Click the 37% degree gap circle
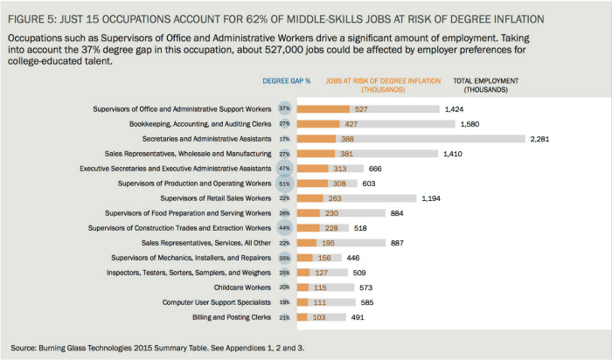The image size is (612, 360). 284,109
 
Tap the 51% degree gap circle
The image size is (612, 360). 284,183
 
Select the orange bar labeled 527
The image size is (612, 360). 324,109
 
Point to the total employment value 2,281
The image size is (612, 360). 545,139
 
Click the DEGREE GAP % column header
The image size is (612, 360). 287,81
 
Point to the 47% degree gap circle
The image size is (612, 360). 284,169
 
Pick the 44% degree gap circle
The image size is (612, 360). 284,228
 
